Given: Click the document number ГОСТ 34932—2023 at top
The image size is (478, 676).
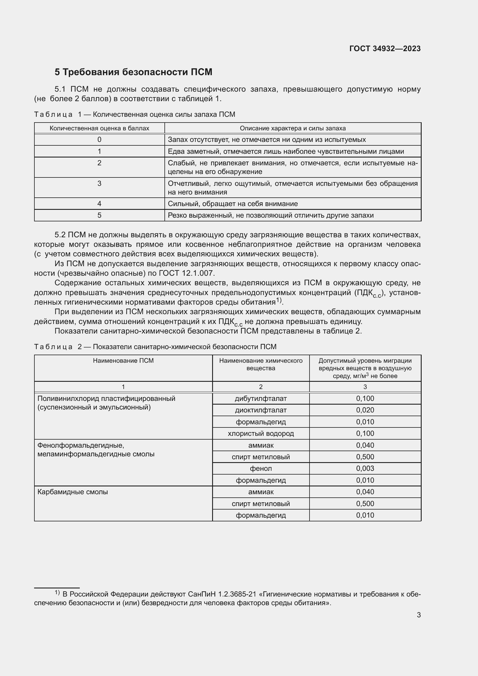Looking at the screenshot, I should click(x=385, y=49).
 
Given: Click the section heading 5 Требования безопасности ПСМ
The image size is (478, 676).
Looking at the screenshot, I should click(x=133, y=72).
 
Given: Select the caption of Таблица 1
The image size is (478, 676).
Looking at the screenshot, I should click(x=134, y=114).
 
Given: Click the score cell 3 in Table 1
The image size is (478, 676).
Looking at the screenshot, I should click(x=99, y=184).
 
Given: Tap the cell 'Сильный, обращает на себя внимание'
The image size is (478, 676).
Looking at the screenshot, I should click(x=233, y=204).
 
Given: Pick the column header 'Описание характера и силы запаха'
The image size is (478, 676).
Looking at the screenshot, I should click(x=292, y=128).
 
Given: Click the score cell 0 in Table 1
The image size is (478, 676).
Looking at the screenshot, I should click(x=99, y=140).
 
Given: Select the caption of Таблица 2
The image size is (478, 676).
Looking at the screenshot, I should click(x=155, y=347).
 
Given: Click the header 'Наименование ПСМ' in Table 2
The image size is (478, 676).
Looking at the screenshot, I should click(x=123, y=361).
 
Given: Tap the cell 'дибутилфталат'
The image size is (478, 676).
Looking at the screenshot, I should click(x=260, y=399).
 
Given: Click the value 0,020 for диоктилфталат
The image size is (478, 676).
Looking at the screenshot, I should click(x=365, y=410).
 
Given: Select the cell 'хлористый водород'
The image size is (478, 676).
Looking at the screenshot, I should click(x=260, y=434).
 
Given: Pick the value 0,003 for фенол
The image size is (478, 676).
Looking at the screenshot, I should click(x=365, y=468).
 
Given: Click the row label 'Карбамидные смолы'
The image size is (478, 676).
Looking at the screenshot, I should click(x=73, y=492).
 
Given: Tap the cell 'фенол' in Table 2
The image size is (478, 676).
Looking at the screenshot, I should click(x=260, y=468).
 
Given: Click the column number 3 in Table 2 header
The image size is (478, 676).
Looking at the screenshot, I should click(x=365, y=387).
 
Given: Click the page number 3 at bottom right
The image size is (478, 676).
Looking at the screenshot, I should click(x=418, y=615).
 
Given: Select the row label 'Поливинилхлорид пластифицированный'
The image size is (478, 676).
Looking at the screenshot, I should click(x=106, y=399).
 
